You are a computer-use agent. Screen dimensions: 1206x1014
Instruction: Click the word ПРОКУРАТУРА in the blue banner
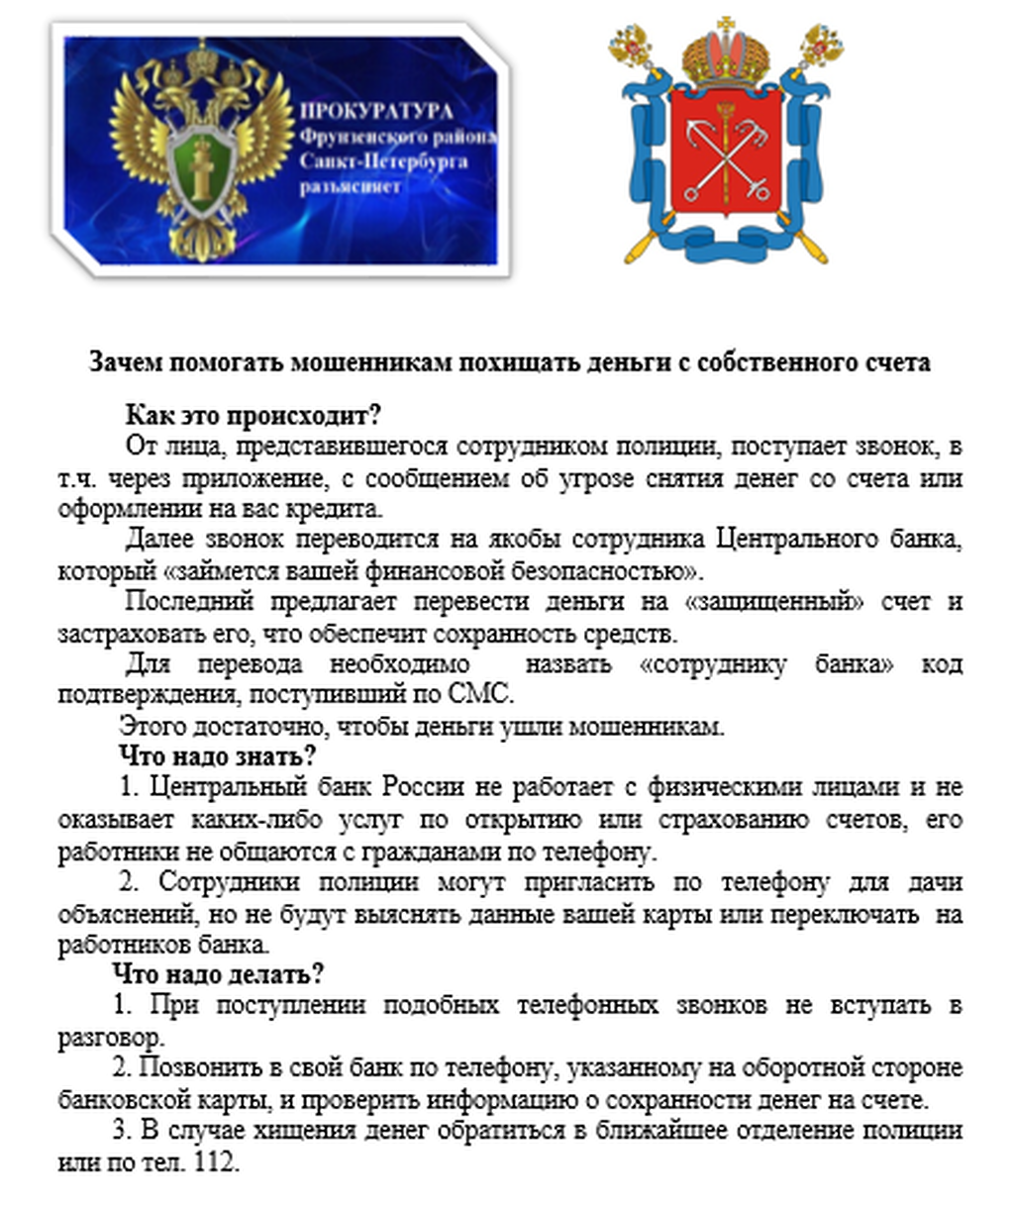(376, 112)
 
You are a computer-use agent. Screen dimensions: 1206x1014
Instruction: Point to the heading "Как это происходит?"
(253, 414)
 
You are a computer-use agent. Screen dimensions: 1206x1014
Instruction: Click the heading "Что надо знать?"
(217, 756)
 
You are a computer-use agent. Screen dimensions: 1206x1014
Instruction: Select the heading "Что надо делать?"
(218, 974)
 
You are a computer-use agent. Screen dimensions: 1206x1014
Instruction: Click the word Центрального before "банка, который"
(795, 540)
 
